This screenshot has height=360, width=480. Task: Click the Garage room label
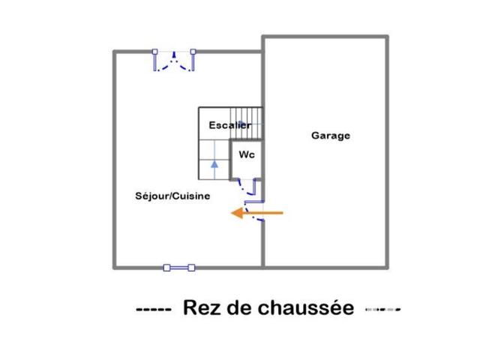coord(331,136)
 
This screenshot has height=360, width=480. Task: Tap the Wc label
coord(246,154)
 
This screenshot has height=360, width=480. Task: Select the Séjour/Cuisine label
coord(172,196)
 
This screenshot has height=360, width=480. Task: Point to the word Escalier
coord(229,125)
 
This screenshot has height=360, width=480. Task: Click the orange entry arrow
coord(256,213)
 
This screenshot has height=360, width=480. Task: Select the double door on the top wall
coord(174,60)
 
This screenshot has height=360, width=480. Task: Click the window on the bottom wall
coord(179,266)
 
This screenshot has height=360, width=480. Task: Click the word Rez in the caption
coord(199,308)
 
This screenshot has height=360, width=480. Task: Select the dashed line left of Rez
coord(154,309)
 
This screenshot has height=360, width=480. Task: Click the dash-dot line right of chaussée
coord(383,309)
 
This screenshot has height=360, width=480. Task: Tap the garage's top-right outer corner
coord(388,36)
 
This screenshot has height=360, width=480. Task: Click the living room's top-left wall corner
coord(115,52)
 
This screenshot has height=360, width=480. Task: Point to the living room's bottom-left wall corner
coord(115,266)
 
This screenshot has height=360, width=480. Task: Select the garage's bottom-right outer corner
coord(388,266)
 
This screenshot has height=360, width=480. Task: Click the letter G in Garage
coord(315,136)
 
